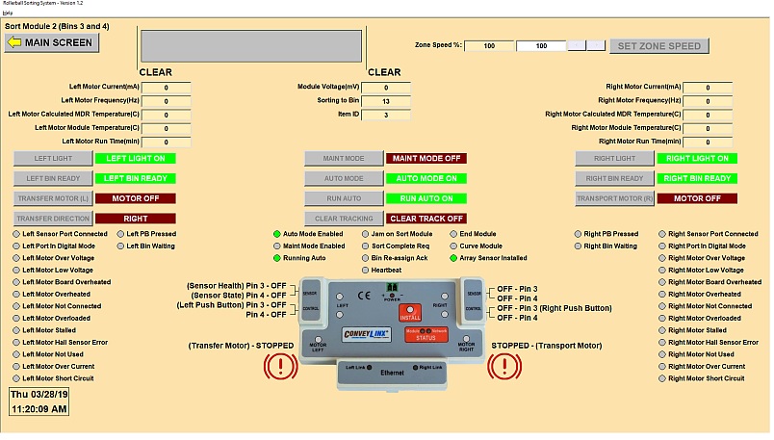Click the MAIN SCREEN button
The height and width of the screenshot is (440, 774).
[51, 42]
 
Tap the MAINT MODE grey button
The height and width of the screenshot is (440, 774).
[342, 158]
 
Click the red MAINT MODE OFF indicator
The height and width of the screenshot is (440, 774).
[425, 158]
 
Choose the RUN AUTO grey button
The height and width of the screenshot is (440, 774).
[342, 198]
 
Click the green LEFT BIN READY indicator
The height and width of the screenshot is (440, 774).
[135, 178]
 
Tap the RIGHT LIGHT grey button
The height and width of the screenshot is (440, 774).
[613, 158]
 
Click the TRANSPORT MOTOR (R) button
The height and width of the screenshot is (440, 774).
[613, 198]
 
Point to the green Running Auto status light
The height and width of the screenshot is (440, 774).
[277, 258]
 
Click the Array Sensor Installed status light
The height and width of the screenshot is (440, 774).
[454, 258]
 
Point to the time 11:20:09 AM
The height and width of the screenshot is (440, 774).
[39, 409]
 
